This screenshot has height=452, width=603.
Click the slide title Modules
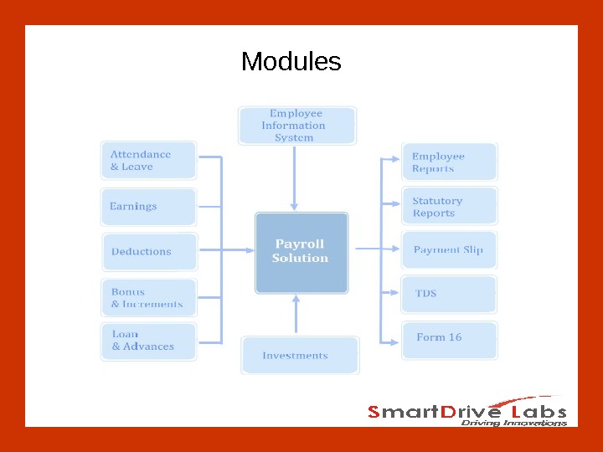coord(291,62)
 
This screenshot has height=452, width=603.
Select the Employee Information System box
coord(296,126)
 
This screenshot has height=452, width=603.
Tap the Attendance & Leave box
coord(148,160)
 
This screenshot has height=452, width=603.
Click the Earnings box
coord(148,206)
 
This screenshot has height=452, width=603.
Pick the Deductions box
coord(149,251)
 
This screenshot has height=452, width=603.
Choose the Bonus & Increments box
coord(148,298)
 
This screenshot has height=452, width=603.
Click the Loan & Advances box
coord(148,342)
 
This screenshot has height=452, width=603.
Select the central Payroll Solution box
coord(300,252)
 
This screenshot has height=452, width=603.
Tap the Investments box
coord(299,355)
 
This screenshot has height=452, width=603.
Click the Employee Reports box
coord(449,162)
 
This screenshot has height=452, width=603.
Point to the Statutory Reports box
coord(449,207)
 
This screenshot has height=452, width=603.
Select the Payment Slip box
coord(449,250)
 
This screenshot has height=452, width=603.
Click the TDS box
coord(449,294)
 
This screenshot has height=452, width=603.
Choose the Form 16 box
coord(449,339)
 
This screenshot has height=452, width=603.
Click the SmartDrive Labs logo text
coord(467,411)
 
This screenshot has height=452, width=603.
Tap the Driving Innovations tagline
coord(513,423)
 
